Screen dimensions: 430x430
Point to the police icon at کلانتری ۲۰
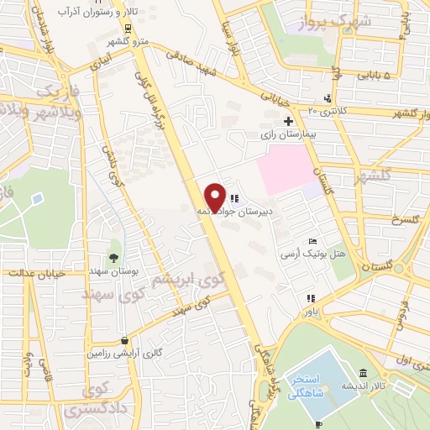(327, 97)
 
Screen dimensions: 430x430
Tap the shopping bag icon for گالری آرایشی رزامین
(125, 341)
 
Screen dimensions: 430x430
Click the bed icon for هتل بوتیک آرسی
(313, 242)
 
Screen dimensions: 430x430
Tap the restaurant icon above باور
(311, 298)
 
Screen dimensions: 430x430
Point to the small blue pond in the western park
(38, 199)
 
